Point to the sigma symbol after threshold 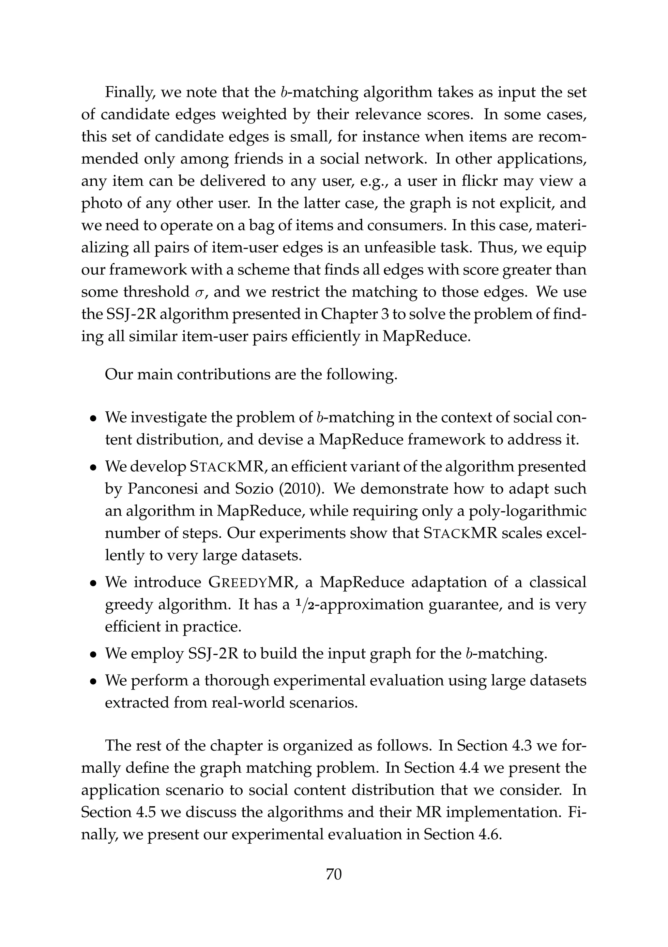coord(199,292)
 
